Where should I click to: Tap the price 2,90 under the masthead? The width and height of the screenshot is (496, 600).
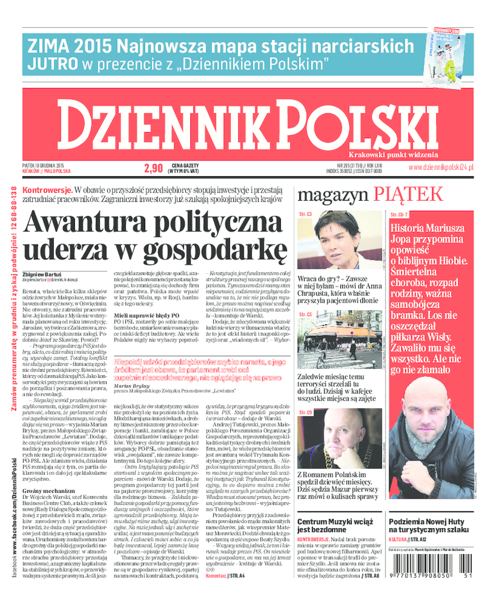(153, 167)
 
